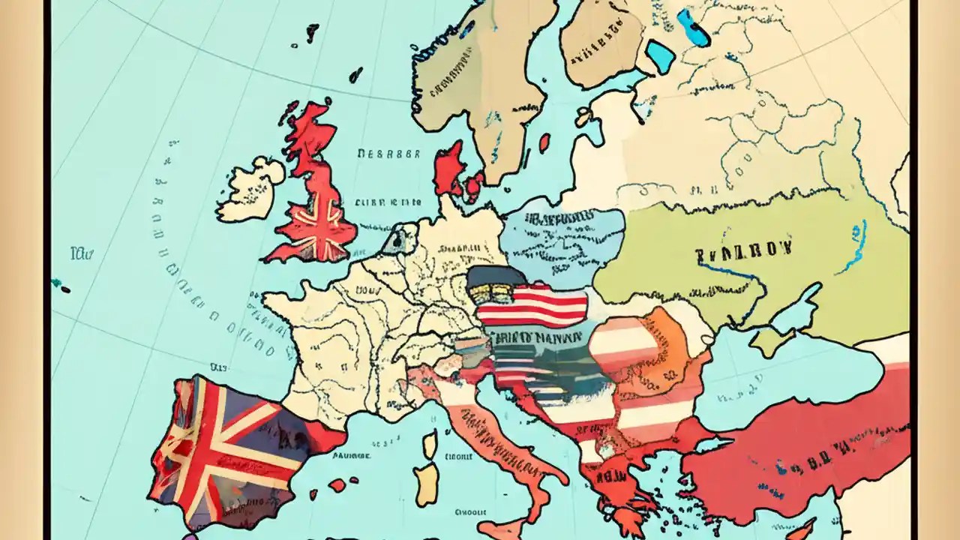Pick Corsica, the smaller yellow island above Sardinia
[x=429, y=444]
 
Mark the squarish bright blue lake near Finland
[x=660, y=56]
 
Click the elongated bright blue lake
[x=693, y=28]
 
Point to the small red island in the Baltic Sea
[x=544, y=142]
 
